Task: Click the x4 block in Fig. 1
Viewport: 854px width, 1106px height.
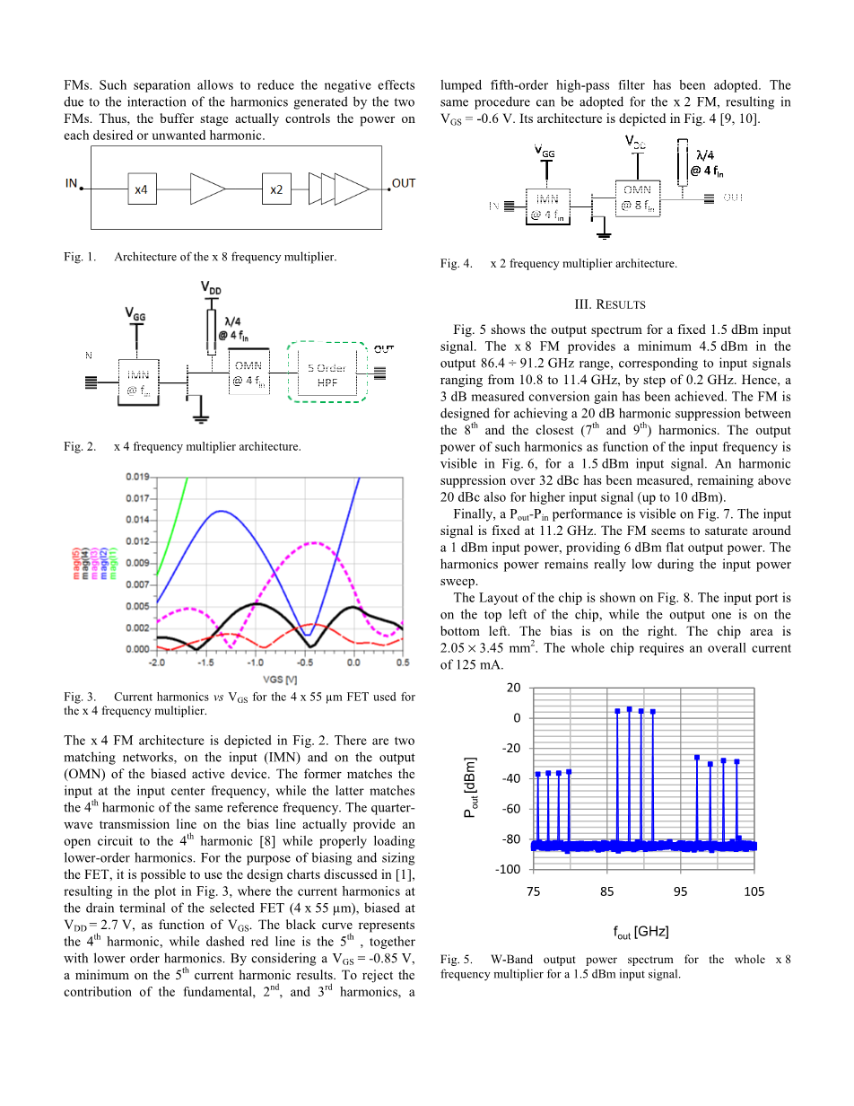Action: point(141,189)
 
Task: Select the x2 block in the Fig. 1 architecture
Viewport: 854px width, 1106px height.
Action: point(276,189)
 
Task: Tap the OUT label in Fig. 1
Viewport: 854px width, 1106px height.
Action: point(404,183)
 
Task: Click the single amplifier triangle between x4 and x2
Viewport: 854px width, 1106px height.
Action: point(206,189)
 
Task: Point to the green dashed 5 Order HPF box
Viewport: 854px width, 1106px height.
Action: point(327,374)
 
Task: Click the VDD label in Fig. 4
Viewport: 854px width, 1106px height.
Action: point(636,141)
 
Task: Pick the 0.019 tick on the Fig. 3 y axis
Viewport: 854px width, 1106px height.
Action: point(136,477)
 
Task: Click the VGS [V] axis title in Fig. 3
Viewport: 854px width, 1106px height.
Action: point(279,676)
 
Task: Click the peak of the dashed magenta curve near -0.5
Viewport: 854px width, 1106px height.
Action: point(314,542)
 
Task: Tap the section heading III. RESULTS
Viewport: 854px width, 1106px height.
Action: point(614,304)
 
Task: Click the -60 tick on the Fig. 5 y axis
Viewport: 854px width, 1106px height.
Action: point(510,809)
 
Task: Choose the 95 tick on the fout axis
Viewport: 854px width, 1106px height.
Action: point(681,891)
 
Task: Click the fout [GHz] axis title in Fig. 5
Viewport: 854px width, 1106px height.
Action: point(641,931)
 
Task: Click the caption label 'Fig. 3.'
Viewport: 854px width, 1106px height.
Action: point(80,697)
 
